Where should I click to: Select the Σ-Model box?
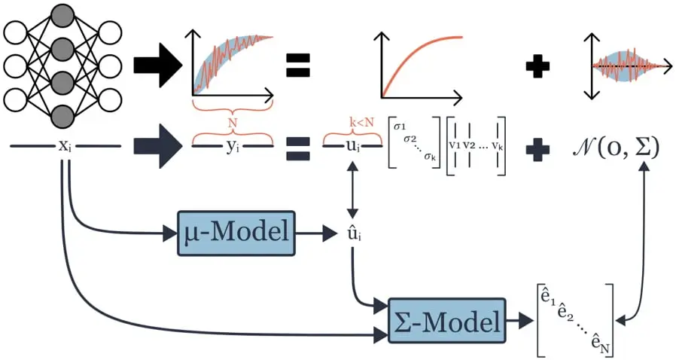point(447,323)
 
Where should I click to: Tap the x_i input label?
point(65,145)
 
